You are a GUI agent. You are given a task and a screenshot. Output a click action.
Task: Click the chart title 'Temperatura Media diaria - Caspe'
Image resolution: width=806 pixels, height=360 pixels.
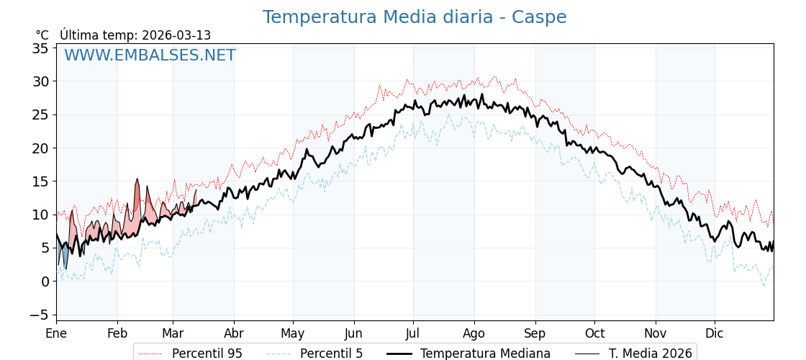click(414, 17)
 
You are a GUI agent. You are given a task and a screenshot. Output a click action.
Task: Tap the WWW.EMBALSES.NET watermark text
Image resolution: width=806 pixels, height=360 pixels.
click(150, 55)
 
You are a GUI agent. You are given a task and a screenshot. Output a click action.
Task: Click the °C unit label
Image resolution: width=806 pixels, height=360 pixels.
click(42, 35)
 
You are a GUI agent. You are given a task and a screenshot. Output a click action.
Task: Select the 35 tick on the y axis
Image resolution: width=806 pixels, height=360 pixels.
click(40, 48)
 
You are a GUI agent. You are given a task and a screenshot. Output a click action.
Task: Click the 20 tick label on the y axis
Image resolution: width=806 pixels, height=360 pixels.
click(40, 148)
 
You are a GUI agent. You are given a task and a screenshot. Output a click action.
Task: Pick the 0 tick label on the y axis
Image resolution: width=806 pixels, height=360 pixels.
click(45, 282)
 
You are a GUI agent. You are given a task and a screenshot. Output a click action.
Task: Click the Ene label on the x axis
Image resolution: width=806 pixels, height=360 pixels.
click(56, 333)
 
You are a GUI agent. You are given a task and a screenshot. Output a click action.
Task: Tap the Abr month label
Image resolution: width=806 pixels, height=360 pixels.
click(234, 333)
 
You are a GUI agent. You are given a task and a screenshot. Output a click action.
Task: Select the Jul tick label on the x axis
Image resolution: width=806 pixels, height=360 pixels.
click(413, 333)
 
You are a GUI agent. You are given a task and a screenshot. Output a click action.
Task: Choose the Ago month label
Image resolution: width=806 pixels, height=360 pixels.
click(474, 333)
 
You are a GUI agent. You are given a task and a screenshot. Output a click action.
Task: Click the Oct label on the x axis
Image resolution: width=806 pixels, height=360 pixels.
click(594, 333)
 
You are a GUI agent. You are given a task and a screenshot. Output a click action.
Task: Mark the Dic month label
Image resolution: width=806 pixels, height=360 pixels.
click(715, 333)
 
